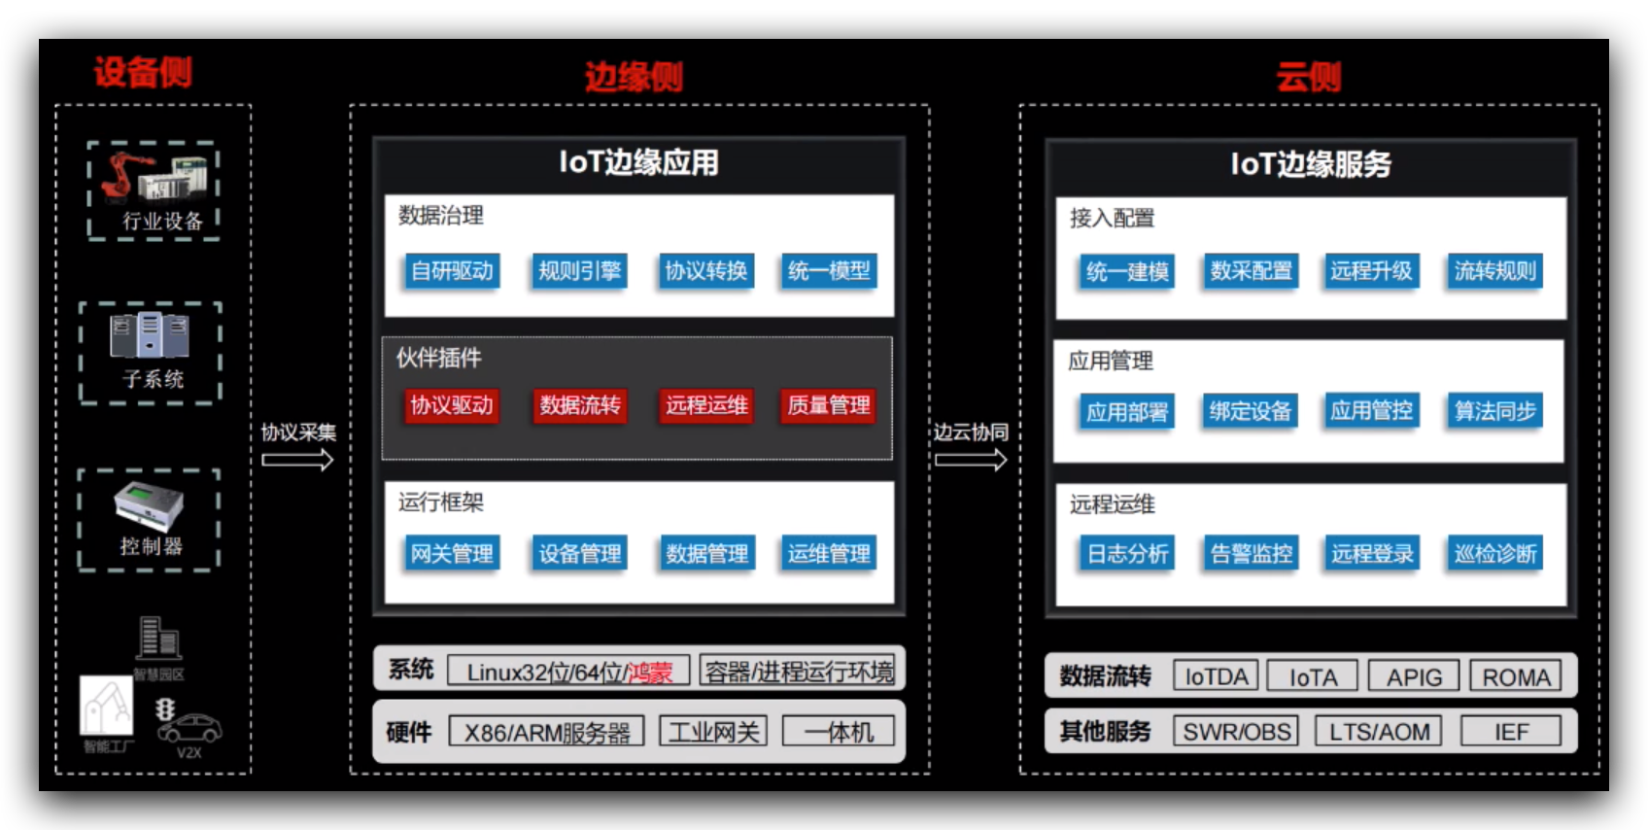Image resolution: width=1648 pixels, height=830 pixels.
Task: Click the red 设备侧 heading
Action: click(143, 72)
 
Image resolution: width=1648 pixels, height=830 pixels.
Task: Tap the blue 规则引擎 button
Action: click(579, 271)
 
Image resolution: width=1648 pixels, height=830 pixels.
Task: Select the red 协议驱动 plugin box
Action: click(452, 405)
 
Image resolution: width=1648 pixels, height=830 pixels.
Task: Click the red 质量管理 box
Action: click(828, 405)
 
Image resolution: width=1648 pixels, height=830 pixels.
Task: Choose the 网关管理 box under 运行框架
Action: click(452, 554)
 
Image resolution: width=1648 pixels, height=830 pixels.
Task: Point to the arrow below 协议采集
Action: click(297, 460)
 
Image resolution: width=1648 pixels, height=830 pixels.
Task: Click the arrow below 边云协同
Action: click(971, 460)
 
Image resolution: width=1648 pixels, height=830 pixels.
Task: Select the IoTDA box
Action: click(1216, 676)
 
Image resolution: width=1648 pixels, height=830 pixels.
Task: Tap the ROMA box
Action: click(1516, 676)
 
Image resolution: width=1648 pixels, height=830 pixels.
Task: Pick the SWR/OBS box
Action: click(1237, 731)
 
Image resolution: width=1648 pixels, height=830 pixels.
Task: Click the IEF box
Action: click(1511, 731)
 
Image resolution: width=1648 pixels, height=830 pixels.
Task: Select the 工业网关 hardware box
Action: click(713, 731)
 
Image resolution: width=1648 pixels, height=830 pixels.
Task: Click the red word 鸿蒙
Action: click(649, 672)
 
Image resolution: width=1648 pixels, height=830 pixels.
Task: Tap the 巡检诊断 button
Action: click(1494, 554)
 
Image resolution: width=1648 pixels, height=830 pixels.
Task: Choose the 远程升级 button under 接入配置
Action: click(1371, 271)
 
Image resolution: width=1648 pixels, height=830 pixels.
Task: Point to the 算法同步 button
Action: click(1494, 411)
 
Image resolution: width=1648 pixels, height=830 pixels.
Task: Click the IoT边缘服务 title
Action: click(1310, 164)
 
